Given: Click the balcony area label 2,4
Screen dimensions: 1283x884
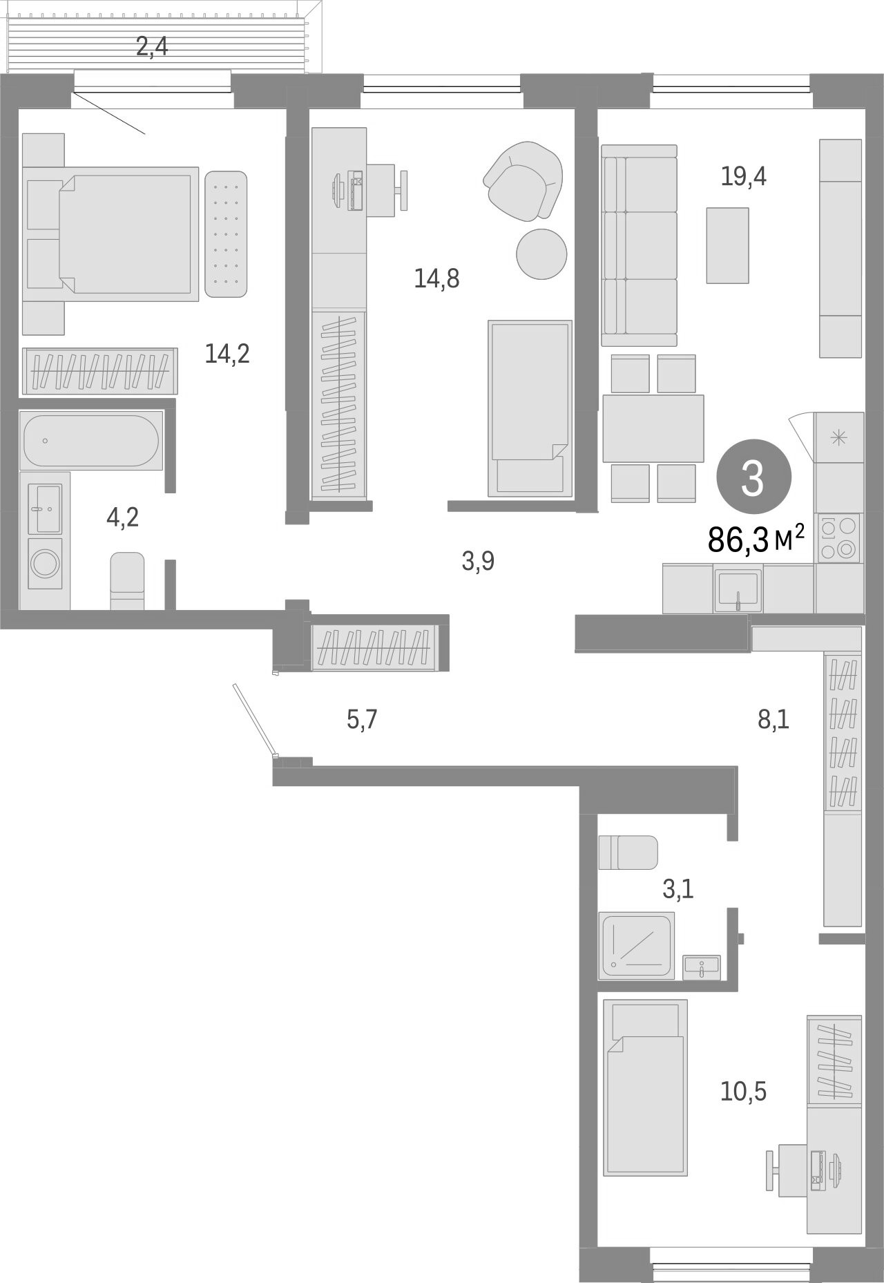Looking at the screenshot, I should click(x=152, y=47).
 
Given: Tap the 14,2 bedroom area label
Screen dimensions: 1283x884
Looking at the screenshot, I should click(x=227, y=354).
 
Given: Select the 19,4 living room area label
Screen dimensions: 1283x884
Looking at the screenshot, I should click(x=743, y=177).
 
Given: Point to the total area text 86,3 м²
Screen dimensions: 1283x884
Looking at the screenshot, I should click(x=756, y=539).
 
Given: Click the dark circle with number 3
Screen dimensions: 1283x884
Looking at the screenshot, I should click(x=752, y=479).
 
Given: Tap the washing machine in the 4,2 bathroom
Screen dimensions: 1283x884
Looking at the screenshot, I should click(x=45, y=563).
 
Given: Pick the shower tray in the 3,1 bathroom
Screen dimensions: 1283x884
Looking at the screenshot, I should click(x=636, y=945).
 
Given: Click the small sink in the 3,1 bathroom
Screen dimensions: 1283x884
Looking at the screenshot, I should click(x=701, y=967).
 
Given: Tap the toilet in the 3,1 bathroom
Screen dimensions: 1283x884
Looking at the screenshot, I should click(x=628, y=852).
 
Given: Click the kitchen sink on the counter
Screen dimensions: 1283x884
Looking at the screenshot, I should click(x=738, y=589).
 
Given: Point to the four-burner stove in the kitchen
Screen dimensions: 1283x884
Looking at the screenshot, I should click(x=838, y=538).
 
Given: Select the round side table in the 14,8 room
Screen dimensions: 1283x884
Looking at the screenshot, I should click(x=541, y=254).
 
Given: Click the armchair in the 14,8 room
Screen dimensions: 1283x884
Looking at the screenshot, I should click(x=523, y=180).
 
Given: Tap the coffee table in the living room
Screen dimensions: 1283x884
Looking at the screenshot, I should click(x=727, y=245).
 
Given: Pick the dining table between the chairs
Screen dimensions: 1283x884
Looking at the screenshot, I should click(x=653, y=428).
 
